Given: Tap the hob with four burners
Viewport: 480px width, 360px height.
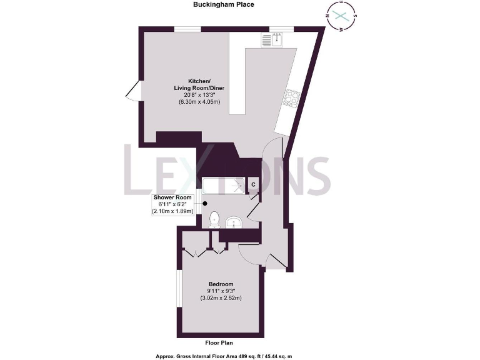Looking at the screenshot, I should [x=292, y=97].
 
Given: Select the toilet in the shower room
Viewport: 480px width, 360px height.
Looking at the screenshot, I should [x=214, y=219].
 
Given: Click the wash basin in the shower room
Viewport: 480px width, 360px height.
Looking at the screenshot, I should [x=234, y=222].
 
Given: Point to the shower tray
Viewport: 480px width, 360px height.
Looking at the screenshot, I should [x=222, y=186].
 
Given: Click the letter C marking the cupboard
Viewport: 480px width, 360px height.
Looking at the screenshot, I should [x=253, y=184].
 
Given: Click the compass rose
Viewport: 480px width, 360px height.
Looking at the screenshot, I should [x=341, y=16].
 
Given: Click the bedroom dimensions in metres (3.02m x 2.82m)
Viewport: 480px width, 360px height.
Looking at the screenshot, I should [x=221, y=297].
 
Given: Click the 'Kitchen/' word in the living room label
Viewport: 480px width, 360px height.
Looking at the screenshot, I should [x=200, y=81].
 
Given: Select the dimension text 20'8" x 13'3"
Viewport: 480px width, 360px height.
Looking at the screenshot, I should [x=200, y=95].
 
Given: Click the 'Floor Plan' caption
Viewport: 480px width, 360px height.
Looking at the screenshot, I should [x=221, y=343].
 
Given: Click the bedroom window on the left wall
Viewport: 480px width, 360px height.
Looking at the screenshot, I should [x=179, y=292].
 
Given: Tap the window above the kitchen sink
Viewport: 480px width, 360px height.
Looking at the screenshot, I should [x=281, y=29].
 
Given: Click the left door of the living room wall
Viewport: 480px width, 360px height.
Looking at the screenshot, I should [x=132, y=92].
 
